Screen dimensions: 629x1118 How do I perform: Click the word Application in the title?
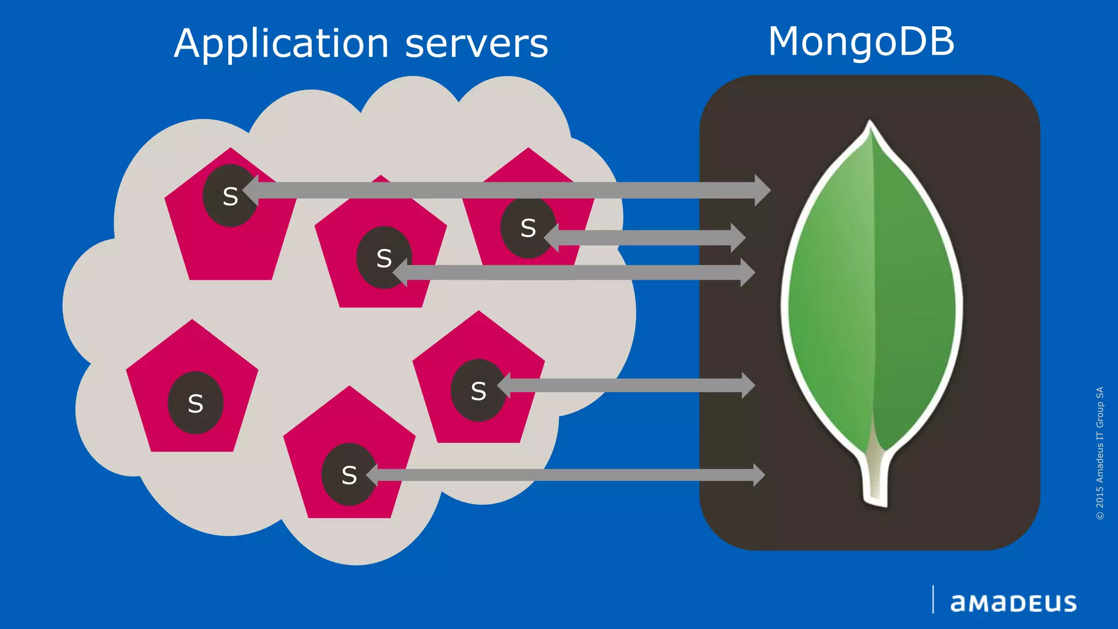(x=281, y=44)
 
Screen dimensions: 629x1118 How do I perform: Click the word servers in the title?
(x=476, y=44)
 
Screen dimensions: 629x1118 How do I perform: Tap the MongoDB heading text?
(x=861, y=41)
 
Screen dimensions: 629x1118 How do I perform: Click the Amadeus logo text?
(x=1013, y=603)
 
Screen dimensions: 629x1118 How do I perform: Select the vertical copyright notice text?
(x=1099, y=453)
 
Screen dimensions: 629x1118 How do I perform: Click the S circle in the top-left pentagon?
(x=230, y=196)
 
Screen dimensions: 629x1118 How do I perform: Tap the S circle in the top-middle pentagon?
(x=383, y=258)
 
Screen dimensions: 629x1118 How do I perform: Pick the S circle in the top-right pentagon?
(x=527, y=228)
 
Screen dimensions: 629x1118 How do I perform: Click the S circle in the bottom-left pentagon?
(x=195, y=403)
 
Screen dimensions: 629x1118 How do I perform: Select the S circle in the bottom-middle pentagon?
(x=349, y=474)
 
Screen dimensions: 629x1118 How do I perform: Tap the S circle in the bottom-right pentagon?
(x=478, y=390)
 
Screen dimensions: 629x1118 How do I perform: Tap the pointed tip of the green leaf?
(x=870, y=123)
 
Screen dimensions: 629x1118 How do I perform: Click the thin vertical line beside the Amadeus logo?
(x=933, y=600)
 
